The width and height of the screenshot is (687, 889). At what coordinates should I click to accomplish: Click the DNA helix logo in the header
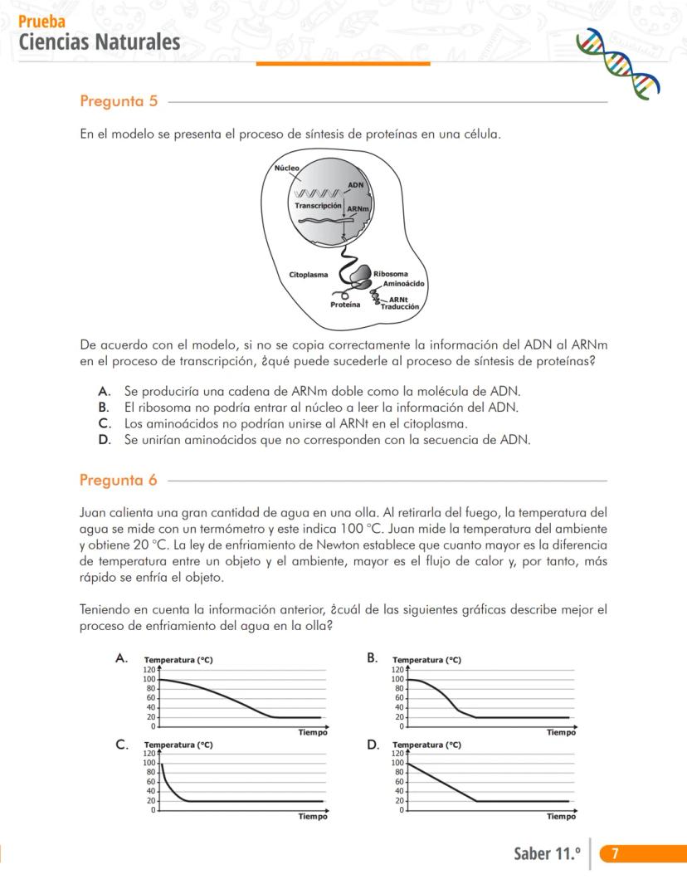[618, 63]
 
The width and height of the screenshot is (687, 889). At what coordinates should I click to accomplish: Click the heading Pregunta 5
[119, 101]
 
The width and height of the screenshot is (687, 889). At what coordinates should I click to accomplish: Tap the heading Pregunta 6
[119, 480]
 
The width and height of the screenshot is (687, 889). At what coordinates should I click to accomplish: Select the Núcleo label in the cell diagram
[287, 168]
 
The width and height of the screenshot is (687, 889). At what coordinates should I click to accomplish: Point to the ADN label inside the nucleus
[355, 184]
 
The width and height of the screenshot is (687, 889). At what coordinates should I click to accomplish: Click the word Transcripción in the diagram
[318, 205]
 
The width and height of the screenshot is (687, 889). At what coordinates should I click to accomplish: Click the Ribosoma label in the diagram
[390, 273]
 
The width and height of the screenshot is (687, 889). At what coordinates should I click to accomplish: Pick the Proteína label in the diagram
[345, 305]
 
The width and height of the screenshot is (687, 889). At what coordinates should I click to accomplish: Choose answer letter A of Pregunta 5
[104, 391]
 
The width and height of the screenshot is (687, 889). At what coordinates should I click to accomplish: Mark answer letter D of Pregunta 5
[104, 440]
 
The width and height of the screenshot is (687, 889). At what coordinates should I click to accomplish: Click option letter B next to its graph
[373, 657]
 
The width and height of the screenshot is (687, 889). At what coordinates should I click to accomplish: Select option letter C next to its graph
[122, 745]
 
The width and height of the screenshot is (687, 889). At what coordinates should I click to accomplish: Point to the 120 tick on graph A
[150, 669]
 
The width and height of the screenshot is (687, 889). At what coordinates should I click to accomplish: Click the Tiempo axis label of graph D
[561, 817]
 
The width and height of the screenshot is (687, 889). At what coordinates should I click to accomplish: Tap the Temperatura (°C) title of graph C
[178, 745]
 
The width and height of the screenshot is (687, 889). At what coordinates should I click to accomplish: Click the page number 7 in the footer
[614, 853]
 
